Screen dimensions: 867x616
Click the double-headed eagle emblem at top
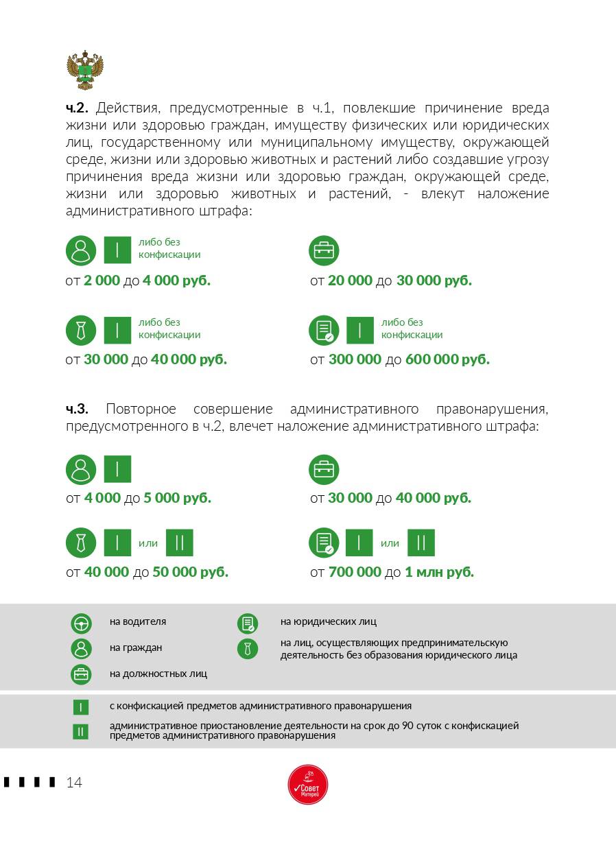pyautogui.click(x=85, y=71)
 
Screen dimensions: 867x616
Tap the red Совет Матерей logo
pyautogui.click(x=308, y=785)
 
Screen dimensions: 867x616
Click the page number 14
pyautogui.click(x=74, y=783)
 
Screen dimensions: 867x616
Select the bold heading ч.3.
pyautogui.click(x=77, y=409)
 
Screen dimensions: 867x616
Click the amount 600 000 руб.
pyautogui.click(x=447, y=359)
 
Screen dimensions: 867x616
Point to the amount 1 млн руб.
pyautogui.click(x=439, y=572)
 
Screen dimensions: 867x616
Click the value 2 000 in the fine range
pyautogui.click(x=102, y=281)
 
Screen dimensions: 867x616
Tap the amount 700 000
pyautogui.click(x=355, y=572)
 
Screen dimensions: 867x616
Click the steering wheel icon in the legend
pyautogui.click(x=81, y=623)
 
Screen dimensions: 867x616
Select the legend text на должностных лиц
pyautogui.click(x=158, y=674)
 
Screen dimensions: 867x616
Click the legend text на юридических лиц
pyautogui.click(x=328, y=622)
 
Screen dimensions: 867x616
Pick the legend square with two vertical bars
pyautogui.click(x=81, y=732)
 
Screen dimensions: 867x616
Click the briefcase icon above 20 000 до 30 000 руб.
pyautogui.click(x=324, y=250)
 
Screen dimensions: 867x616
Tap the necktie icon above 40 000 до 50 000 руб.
pyautogui.click(x=81, y=543)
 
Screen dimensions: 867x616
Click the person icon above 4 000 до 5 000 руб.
pyautogui.click(x=81, y=470)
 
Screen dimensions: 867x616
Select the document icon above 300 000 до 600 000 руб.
pyautogui.click(x=324, y=331)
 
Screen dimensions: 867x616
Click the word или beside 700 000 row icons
pyautogui.click(x=390, y=543)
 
